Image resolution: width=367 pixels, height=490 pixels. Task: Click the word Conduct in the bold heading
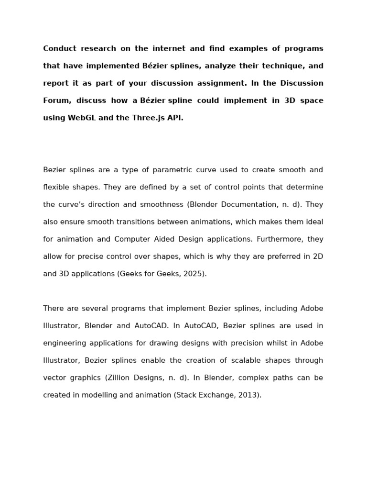[x=59, y=49]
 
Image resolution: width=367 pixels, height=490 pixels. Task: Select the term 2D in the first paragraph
[x=318, y=256]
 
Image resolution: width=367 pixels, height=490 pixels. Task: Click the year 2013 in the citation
[x=249, y=395]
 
